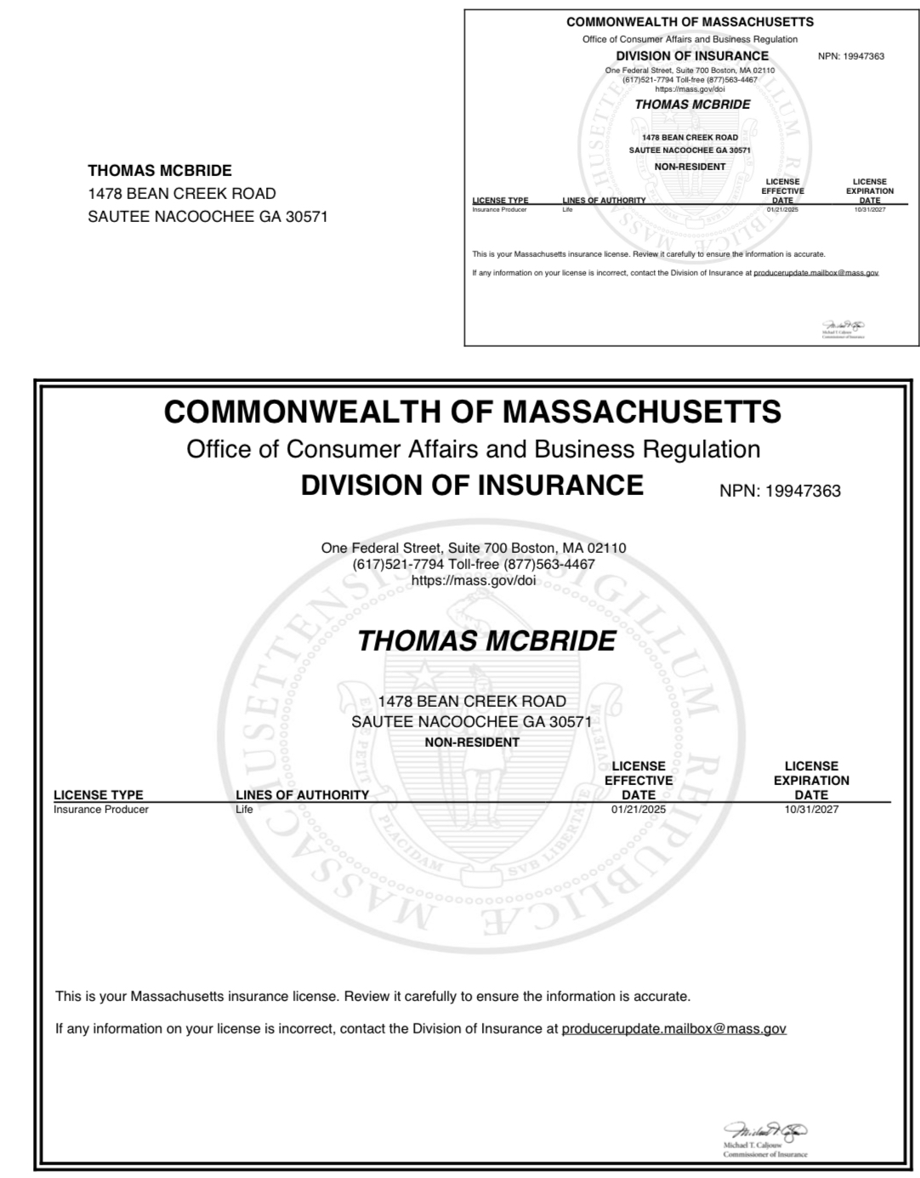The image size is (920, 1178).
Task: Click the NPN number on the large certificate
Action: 802,491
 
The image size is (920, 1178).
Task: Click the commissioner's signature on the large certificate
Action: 765,1130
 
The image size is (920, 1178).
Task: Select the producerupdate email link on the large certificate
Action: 673,1028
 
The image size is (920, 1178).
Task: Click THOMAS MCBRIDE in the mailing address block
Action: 160,170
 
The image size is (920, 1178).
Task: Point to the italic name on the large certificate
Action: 486,640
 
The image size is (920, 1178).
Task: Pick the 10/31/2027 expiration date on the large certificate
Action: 811,809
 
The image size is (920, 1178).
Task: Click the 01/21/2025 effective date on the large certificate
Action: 639,809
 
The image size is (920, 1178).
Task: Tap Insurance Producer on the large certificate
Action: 100,809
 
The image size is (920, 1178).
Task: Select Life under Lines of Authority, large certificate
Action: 244,809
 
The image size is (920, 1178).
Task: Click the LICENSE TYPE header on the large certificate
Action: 98,794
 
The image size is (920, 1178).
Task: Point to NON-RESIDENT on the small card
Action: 690,167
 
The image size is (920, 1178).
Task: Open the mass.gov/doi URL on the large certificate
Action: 473,580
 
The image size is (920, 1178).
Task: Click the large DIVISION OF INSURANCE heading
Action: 472,485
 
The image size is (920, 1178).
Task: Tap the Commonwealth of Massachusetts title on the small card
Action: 690,22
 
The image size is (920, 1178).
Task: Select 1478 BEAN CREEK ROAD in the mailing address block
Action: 182,193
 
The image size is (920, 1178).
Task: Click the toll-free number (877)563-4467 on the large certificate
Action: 549,564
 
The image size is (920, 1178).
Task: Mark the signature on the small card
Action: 843,326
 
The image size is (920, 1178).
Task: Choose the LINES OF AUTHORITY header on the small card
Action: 604,201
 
